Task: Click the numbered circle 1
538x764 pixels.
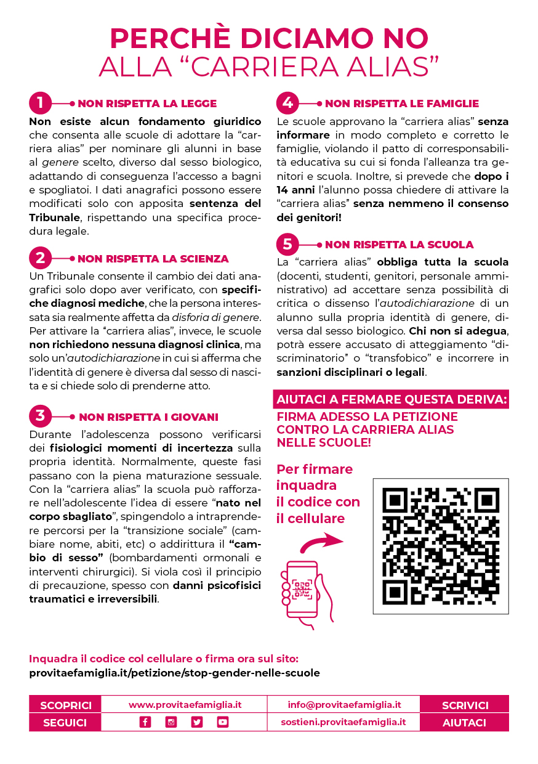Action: (x=40, y=104)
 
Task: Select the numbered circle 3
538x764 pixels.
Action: (x=40, y=417)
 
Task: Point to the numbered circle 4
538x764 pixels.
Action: (x=287, y=104)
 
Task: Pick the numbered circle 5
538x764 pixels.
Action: (x=287, y=245)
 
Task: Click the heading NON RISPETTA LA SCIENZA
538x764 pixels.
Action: (x=153, y=259)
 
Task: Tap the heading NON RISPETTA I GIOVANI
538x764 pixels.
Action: (x=148, y=417)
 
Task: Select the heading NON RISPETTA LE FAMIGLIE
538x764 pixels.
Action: (x=401, y=104)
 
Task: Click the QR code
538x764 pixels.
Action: (x=440, y=545)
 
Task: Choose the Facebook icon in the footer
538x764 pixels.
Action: (x=145, y=722)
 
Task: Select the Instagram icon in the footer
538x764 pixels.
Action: (x=171, y=722)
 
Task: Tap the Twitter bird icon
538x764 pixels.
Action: (x=197, y=722)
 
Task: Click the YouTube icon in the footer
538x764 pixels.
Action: (x=223, y=722)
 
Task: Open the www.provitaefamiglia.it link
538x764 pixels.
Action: (x=185, y=704)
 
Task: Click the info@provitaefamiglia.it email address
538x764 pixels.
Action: (x=344, y=704)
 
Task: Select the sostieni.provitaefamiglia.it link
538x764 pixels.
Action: (x=343, y=722)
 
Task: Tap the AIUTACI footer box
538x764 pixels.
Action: (x=464, y=723)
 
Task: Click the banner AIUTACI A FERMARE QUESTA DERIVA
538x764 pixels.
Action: (x=392, y=399)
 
